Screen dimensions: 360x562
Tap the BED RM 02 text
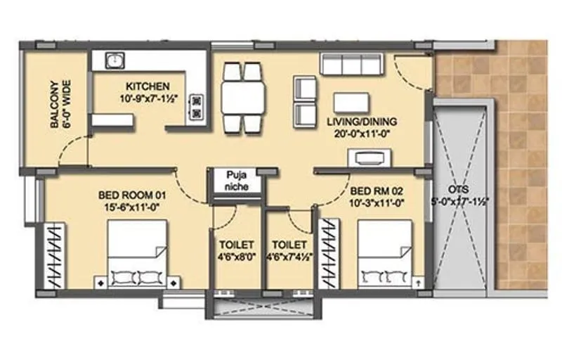(376, 191)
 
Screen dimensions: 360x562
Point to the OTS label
(460, 190)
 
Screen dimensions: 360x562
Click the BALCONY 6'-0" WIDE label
(59, 103)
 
